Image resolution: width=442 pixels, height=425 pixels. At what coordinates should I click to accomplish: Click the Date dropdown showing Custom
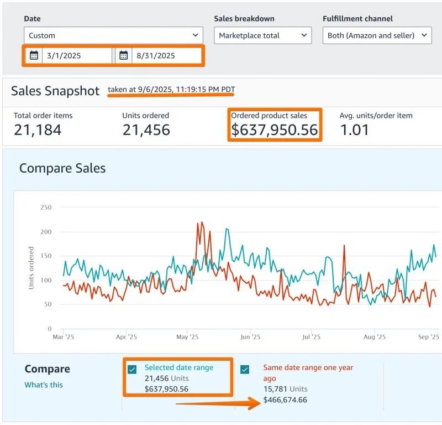tap(113, 35)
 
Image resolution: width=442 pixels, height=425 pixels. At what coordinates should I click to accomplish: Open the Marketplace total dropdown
tap(263, 35)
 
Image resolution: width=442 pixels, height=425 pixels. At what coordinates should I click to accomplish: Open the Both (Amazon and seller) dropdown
tap(377, 35)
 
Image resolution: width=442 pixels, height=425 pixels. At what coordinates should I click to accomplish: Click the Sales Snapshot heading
tap(55, 91)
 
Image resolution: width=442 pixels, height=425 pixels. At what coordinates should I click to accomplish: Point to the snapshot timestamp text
tap(175, 89)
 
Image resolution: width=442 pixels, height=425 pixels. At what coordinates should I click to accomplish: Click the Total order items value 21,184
tap(38, 130)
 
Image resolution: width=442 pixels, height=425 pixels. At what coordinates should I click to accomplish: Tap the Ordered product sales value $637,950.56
tap(275, 130)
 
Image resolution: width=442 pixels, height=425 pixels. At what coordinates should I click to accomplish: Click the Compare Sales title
tap(62, 168)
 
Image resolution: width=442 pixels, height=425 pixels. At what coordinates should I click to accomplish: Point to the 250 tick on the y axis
tap(46, 208)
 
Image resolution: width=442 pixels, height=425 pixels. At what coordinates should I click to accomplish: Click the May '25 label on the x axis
tap(188, 336)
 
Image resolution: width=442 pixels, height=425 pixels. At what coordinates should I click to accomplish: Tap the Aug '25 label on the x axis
tap(375, 336)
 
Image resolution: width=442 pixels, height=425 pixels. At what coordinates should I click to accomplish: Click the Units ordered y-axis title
tap(31, 268)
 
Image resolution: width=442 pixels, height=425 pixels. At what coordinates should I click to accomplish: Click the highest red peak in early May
tap(198, 223)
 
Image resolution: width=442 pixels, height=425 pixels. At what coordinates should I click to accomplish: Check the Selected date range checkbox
tap(132, 370)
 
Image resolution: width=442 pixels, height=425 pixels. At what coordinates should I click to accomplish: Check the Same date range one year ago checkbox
tap(245, 370)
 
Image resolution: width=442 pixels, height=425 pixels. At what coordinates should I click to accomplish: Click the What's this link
tap(44, 385)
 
